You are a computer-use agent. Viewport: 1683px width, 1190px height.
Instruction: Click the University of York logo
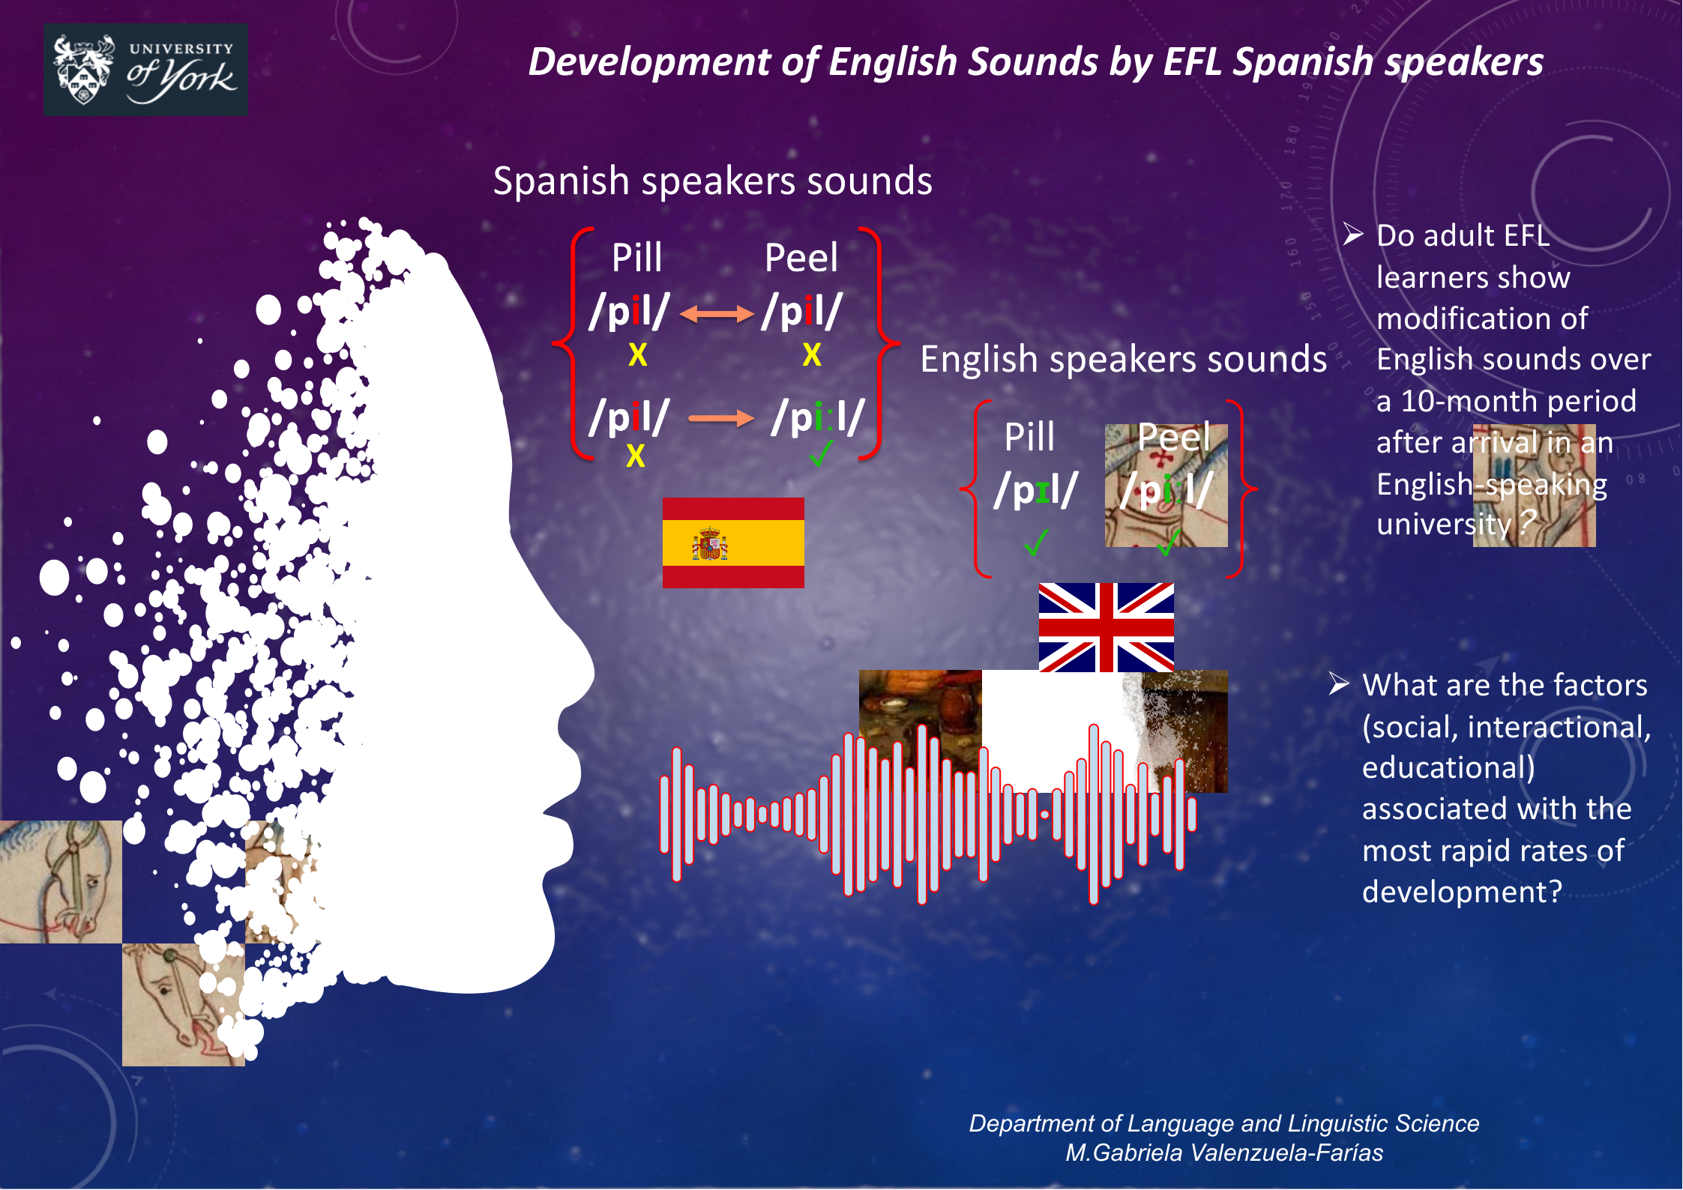(x=145, y=70)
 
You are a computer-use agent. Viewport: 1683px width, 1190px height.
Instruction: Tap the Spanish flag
(x=733, y=543)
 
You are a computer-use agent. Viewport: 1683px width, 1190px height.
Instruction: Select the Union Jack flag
(x=1106, y=627)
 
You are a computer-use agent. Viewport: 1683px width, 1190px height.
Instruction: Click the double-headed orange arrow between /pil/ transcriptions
(x=717, y=314)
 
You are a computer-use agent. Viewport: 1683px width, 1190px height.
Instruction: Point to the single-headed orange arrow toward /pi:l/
(x=720, y=418)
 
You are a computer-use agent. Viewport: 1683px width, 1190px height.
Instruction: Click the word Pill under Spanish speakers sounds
(x=636, y=258)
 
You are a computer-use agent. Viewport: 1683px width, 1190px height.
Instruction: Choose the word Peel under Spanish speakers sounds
(x=801, y=258)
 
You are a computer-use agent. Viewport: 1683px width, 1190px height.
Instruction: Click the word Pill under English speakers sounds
(x=1029, y=437)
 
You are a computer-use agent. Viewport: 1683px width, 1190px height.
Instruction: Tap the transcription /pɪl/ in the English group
(x=1036, y=490)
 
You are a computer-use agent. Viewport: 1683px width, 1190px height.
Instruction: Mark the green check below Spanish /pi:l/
(x=821, y=453)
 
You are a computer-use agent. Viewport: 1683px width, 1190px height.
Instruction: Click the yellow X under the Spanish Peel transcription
(x=812, y=354)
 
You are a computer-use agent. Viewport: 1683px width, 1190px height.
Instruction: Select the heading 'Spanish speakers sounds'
(x=713, y=181)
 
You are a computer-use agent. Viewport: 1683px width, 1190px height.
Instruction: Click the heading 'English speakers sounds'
(x=1124, y=360)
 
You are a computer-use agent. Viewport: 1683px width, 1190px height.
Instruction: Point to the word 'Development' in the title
(x=650, y=62)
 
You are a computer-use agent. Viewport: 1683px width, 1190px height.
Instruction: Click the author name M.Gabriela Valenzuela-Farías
(x=1224, y=1153)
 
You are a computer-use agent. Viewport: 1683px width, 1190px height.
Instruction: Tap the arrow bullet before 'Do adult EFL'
(x=1353, y=235)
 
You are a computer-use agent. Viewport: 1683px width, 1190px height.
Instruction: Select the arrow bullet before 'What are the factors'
(x=1339, y=684)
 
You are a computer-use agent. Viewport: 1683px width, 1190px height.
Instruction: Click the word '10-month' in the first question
(x=1472, y=402)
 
